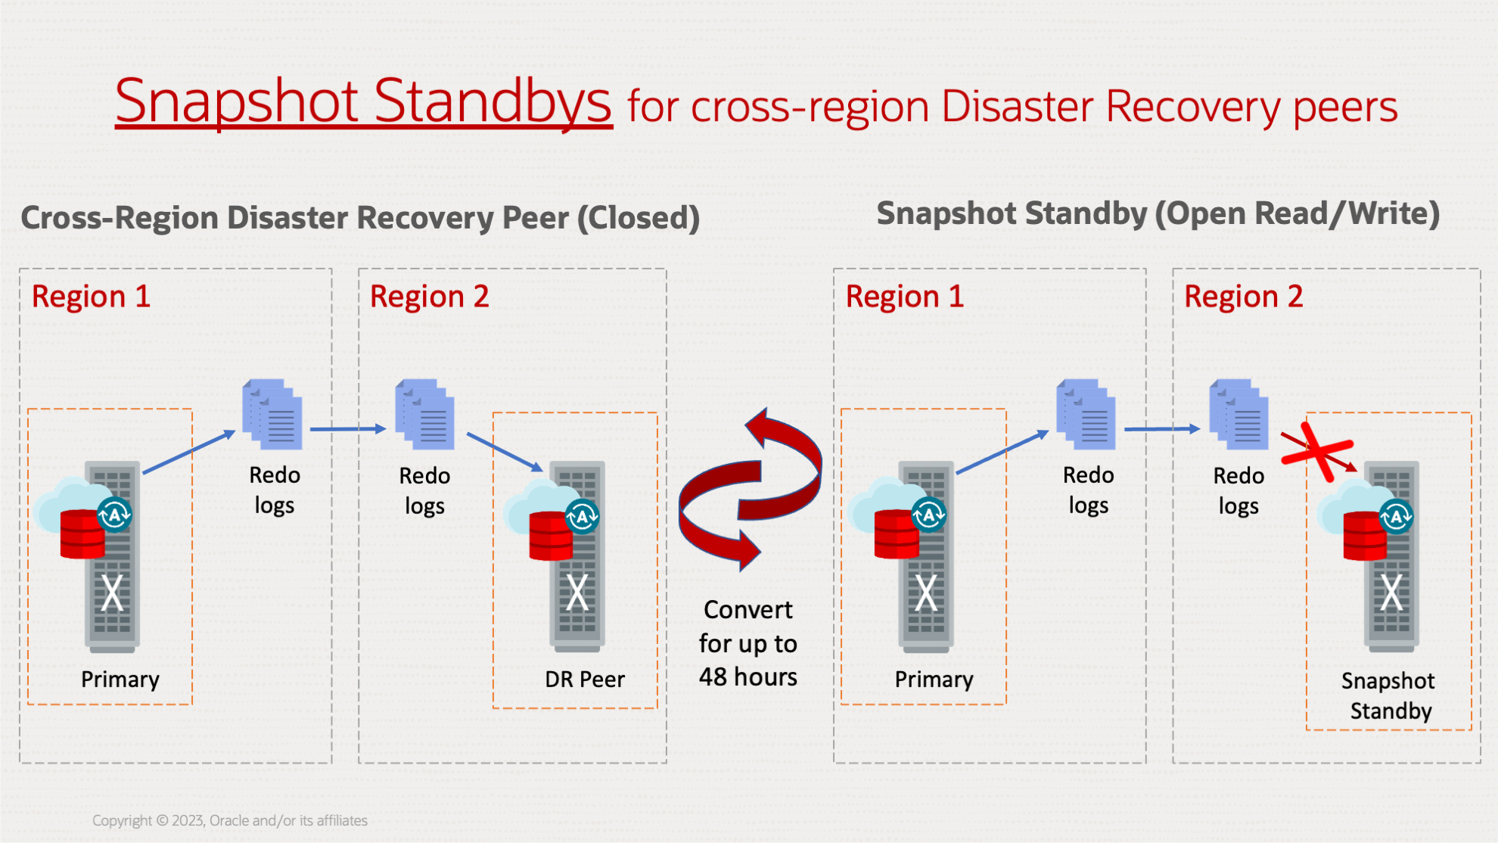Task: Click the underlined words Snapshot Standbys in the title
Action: pos(363,102)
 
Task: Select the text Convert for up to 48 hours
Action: pos(747,643)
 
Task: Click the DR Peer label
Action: pos(584,680)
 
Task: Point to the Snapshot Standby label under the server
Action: pos(1389,696)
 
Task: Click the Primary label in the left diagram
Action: pos(120,680)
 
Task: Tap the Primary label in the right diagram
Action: pos(934,680)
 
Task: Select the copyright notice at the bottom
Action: pos(230,820)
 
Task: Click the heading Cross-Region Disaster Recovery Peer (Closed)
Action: pos(359,218)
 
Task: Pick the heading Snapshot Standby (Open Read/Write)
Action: pos(1158,214)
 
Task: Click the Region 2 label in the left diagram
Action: pos(429,297)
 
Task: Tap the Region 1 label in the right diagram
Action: pos(904,297)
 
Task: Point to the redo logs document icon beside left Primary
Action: pos(272,414)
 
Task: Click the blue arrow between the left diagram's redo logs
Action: pos(348,429)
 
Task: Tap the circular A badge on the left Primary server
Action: pos(115,515)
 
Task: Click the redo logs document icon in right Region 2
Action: pos(1238,414)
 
